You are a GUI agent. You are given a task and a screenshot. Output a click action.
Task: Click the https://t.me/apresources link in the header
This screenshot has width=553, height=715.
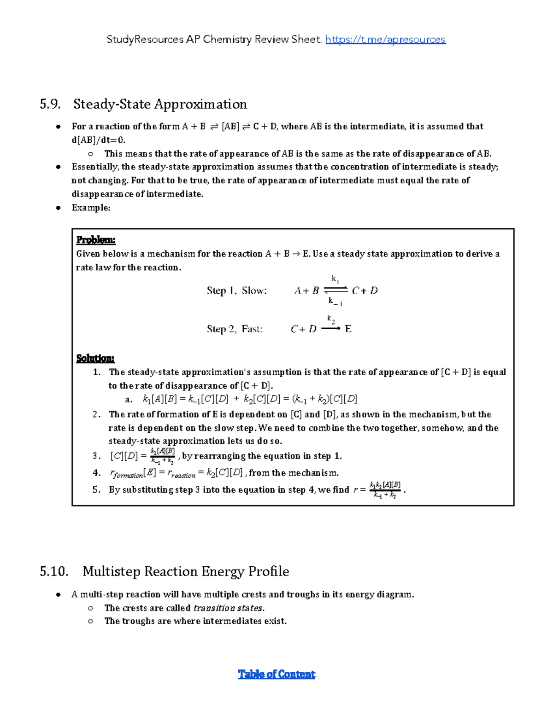[x=385, y=40]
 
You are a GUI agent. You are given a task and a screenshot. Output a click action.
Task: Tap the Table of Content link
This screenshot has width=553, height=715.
[x=276, y=674]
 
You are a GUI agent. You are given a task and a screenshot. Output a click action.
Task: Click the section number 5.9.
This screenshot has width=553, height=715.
[x=50, y=104]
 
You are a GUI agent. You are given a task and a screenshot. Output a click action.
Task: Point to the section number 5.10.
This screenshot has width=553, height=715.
[x=54, y=571]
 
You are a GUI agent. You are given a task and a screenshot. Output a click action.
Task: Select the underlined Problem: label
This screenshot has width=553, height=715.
[x=96, y=240]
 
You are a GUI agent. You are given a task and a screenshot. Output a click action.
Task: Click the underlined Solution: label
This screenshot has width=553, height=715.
[x=95, y=358]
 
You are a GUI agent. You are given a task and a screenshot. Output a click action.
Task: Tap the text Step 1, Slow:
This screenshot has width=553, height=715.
[x=236, y=291]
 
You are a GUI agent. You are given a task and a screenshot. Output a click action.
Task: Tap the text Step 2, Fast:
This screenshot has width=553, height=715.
[x=235, y=329]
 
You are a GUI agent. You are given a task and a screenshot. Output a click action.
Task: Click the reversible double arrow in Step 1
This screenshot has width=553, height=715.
[x=335, y=290]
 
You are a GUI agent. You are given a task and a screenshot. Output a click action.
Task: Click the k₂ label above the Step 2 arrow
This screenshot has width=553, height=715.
[x=331, y=319]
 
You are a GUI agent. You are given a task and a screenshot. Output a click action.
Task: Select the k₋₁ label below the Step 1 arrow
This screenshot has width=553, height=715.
[x=335, y=301]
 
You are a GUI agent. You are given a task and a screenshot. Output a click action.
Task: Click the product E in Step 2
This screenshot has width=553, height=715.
[x=348, y=329]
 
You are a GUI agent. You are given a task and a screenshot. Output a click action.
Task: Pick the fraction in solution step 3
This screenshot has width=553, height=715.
[x=162, y=456]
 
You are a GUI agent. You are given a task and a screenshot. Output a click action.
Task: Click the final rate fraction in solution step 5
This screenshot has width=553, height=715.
[x=385, y=490]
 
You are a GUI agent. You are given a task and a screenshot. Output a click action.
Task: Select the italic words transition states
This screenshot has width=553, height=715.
[x=229, y=608]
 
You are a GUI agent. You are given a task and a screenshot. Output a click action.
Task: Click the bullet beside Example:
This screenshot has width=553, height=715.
[x=58, y=208]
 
